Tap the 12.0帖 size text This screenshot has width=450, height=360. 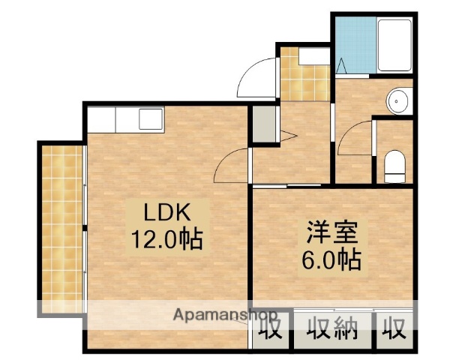164,241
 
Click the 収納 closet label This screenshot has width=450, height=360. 332,328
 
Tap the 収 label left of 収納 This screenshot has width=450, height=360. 273,328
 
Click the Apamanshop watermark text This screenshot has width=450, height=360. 225,314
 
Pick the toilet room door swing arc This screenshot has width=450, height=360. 354,136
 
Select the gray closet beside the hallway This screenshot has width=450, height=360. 263,124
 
